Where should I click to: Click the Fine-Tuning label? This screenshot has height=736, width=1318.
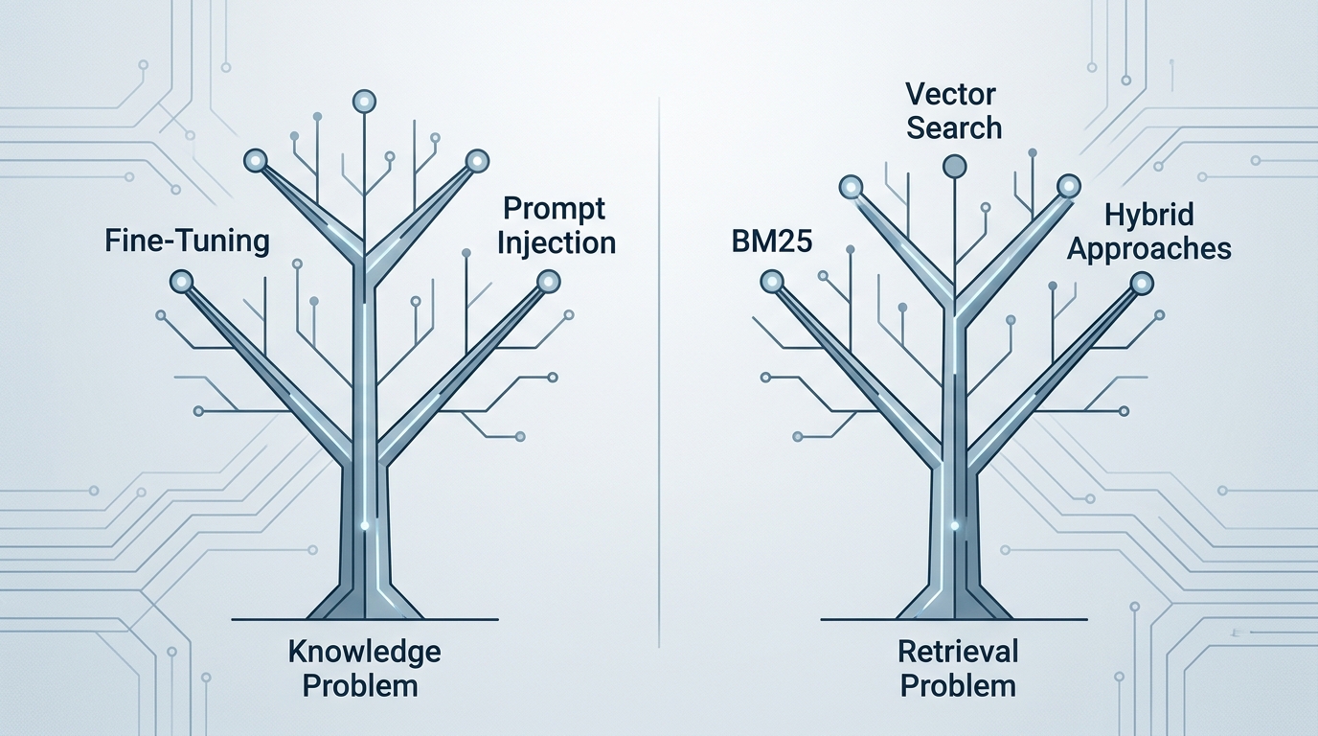point(186,240)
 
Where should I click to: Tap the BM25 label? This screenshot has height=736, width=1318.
point(770,240)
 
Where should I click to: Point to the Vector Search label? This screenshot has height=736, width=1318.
point(953,110)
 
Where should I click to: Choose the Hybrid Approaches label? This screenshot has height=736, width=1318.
point(1148,231)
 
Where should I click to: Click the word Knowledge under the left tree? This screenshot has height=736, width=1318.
point(364,652)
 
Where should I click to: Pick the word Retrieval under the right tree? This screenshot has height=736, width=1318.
point(958,652)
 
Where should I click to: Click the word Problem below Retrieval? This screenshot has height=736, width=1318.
point(958,685)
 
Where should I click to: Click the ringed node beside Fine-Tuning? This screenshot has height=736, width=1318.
point(180,281)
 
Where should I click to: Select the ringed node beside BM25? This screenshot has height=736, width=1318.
point(772,281)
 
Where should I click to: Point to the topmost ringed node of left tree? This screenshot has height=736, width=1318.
point(364,101)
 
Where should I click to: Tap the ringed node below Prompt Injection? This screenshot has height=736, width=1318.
point(548,281)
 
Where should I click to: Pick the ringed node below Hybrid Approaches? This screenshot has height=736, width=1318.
point(1141,283)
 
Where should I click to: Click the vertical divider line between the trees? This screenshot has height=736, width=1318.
point(660,383)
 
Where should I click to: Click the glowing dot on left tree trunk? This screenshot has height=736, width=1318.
point(364,524)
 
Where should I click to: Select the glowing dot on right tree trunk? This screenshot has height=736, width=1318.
point(955,524)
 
